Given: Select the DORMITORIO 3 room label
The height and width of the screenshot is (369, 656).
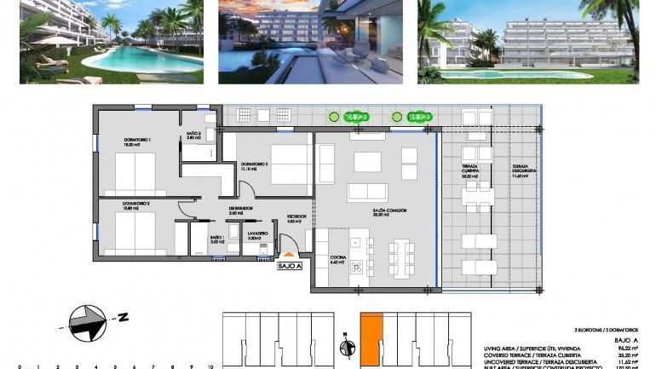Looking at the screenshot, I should click(255, 166).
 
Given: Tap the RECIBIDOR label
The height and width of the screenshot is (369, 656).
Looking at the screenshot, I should click(296, 217).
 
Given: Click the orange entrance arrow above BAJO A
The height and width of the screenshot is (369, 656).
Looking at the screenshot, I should click(288, 253).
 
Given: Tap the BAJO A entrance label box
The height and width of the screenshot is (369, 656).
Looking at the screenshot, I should click(290, 266).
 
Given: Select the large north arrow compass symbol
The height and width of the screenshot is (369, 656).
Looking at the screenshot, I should click(89, 318).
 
